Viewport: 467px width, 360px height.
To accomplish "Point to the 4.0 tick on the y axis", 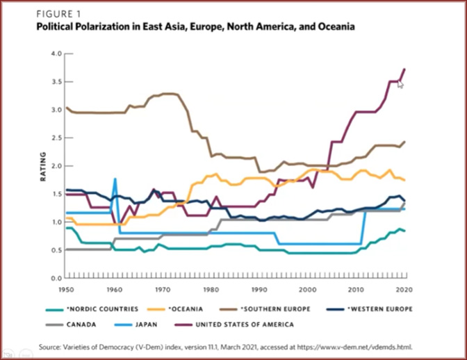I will pyautogui.click(x=58, y=54).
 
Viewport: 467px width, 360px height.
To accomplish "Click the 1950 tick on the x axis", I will pyautogui.click(x=66, y=287).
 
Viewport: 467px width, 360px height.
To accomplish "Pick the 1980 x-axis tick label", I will pyautogui.click(x=211, y=287).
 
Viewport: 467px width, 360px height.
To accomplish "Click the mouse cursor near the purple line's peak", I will pyautogui.click(x=400, y=84).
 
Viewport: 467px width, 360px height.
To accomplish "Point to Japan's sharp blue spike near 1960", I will pyautogui.click(x=115, y=179).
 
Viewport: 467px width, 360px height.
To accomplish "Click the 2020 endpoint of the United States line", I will pyautogui.click(x=404, y=69).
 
